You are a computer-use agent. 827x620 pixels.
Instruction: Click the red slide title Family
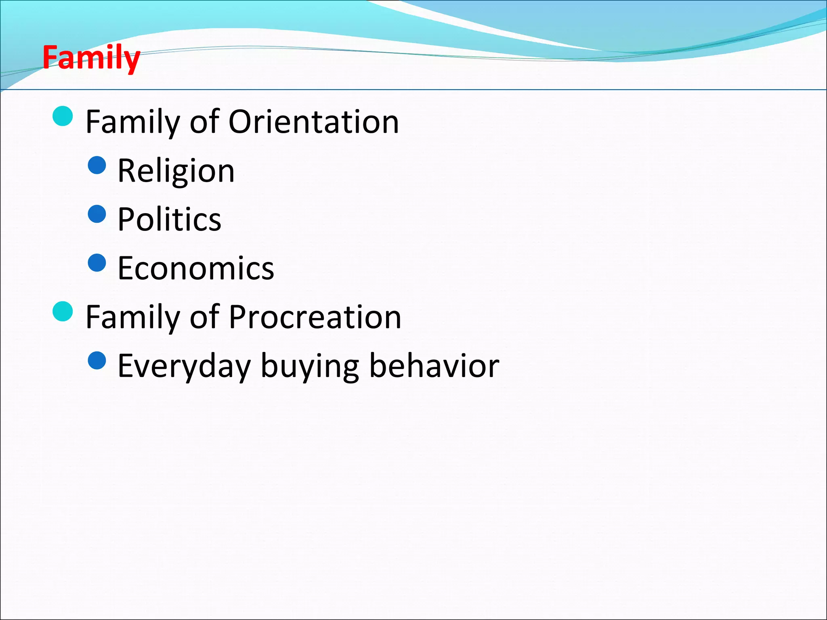pos(91,58)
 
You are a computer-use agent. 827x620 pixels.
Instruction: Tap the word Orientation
pos(314,122)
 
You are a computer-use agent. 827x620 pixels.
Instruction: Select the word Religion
pos(176,171)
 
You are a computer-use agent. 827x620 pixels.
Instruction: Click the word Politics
pos(169,219)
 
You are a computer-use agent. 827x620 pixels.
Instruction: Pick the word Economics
pos(196,268)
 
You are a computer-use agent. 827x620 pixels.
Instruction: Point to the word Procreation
pos(315,317)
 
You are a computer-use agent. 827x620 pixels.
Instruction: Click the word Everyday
pos(184,366)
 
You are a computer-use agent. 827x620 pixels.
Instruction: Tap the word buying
pos(310,366)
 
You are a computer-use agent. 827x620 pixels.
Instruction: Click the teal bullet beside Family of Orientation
pos(63,116)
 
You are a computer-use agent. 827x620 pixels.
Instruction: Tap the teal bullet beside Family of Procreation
pos(63,311)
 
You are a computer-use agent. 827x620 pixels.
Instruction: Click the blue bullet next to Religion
pos(97,165)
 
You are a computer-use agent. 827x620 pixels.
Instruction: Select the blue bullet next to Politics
pos(97,214)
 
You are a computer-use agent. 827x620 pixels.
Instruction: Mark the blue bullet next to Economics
pos(97,263)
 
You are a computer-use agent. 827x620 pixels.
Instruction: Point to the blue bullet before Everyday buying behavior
pos(97,360)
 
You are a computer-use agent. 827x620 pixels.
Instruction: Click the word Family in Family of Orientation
pos(133,122)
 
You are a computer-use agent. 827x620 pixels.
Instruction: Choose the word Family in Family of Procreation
pos(133,317)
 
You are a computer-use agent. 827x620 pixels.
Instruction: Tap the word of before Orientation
pos(204,122)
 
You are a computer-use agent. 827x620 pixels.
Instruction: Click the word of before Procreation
pos(204,317)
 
